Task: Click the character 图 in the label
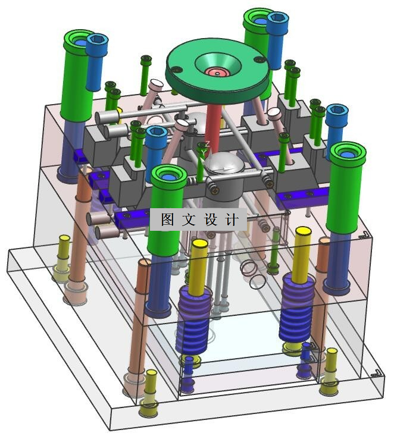[167, 219]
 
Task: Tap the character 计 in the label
[232, 219]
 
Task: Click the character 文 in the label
[189, 219]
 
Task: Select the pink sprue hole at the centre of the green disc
[218, 73]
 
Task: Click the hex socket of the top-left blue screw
[97, 39]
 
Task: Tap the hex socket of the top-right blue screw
[278, 18]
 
